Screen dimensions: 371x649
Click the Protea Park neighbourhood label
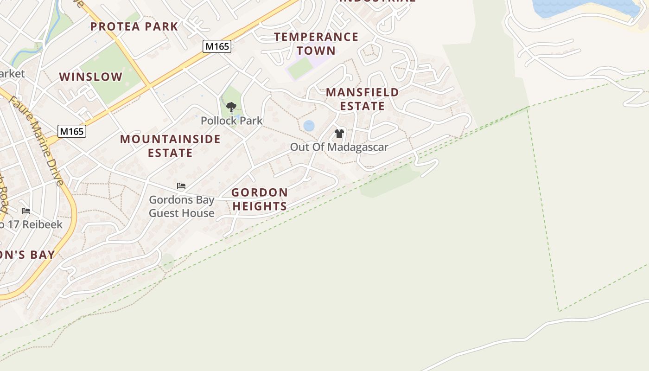(134, 26)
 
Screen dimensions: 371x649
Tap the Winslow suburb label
(91, 77)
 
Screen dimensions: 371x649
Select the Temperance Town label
(316, 44)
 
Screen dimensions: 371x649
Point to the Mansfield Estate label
(362, 99)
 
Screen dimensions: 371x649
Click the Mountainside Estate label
(170, 146)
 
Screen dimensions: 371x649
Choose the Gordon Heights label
(260, 199)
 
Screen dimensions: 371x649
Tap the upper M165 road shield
(217, 46)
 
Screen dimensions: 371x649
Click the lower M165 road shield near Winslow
(72, 131)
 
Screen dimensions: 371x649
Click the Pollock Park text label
(231, 121)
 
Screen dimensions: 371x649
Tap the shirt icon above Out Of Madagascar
(339, 134)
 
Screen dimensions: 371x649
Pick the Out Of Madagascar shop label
(339, 147)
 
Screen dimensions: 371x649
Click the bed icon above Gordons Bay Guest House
(181, 186)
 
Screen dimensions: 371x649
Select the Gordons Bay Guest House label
(181, 206)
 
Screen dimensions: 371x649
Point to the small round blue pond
(309, 126)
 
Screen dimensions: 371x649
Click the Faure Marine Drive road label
(36, 139)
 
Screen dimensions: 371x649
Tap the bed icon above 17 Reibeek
(26, 211)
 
